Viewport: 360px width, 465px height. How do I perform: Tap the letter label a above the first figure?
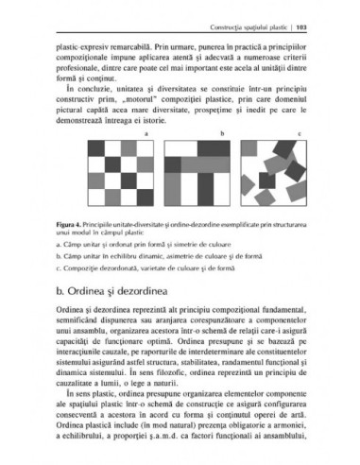click(x=146, y=135)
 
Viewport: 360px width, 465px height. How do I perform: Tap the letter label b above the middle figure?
click(x=223, y=135)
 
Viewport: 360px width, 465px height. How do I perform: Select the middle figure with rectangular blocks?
click(x=198, y=176)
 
